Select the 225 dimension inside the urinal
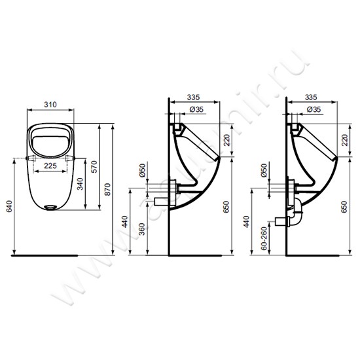point(53,166)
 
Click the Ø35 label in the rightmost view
point(314,109)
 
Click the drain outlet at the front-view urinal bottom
point(52,209)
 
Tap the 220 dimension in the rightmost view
point(345,139)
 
